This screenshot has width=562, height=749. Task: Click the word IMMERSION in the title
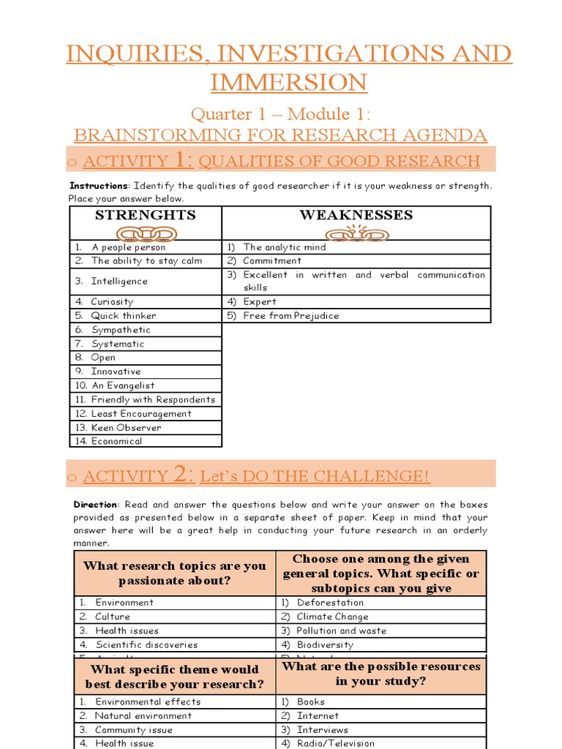click(x=288, y=82)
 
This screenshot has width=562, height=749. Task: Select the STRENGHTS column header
click(x=146, y=215)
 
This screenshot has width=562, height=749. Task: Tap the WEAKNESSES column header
click(x=356, y=215)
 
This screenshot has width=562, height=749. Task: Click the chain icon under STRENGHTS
click(x=146, y=233)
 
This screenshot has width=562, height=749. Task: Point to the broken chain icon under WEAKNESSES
click(x=356, y=233)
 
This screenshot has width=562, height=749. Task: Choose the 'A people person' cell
click(x=128, y=247)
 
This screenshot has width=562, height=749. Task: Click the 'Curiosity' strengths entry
click(x=112, y=301)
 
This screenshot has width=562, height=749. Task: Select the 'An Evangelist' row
click(x=122, y=385)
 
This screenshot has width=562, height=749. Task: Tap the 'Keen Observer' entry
click(x=126, y=427)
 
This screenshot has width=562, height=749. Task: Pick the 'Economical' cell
click(x=116, y=441)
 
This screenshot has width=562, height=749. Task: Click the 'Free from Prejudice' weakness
click(x=291, y=316)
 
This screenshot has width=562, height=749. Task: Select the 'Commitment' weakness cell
click(x=271, y=260)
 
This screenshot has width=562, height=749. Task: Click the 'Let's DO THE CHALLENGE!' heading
click(x=315, y=476)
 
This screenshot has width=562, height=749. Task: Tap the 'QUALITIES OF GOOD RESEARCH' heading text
click(x=339, y=161)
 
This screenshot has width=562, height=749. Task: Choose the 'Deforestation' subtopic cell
click(x=329, y=603)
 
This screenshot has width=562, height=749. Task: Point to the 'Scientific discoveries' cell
click(x=146, y=644)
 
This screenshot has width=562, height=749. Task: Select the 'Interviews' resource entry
click(x=322, y=730)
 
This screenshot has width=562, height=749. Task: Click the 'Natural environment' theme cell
click(x=143, y=716)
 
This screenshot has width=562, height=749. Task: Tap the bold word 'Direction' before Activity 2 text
click(x=95, y=505)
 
